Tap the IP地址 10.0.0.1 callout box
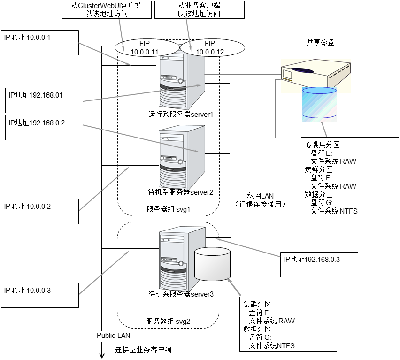click(x=41, y=43)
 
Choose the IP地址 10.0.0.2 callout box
click(x=39, y=212)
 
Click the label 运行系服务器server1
click(x=181, y=114)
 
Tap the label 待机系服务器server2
click(x=181, y=192)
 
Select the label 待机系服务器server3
click(x=181, y=294)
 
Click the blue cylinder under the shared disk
click(x=320, y=103)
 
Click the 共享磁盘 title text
click(x=321, y=42)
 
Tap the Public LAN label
click(x=113, y=336)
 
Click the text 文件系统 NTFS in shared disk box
click(x=334, y=211)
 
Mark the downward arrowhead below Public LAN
click(x=101, y=355)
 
